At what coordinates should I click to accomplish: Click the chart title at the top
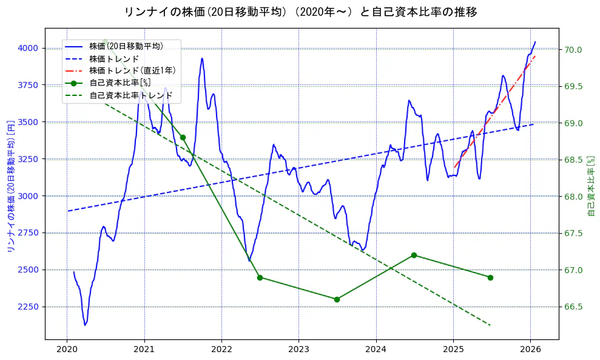point(300,12)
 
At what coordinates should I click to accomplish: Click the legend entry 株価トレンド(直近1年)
point(132,70)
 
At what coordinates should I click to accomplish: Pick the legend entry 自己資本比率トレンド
point(130,95)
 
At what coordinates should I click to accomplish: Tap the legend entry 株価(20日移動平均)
point(126,46)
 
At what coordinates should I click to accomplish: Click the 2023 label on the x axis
point(298,349)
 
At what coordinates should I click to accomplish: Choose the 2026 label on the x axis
point(531,349)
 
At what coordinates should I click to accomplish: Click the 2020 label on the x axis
point(67,349)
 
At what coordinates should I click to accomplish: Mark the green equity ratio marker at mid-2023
point(337,299)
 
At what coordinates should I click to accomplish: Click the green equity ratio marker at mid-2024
point(414,255)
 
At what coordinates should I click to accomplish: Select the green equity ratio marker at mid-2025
point(490,277)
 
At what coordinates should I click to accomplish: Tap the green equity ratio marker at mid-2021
point(183,137)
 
